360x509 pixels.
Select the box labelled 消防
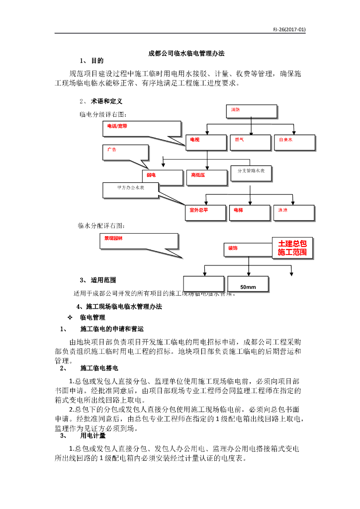[x=251, y=112]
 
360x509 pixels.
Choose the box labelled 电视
[x=206, y=143]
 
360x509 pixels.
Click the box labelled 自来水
[x=294, y=143]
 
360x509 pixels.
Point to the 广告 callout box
[x=126, y=152]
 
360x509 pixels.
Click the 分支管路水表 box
[x=251, y=172]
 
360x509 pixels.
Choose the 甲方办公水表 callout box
[x=131, y=190]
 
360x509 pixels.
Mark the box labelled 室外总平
[x=206, y=213]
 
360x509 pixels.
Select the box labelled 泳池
[x=294, y=213]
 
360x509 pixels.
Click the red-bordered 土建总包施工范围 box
[x=292, y=248]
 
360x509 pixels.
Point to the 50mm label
[x=248, y=287]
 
